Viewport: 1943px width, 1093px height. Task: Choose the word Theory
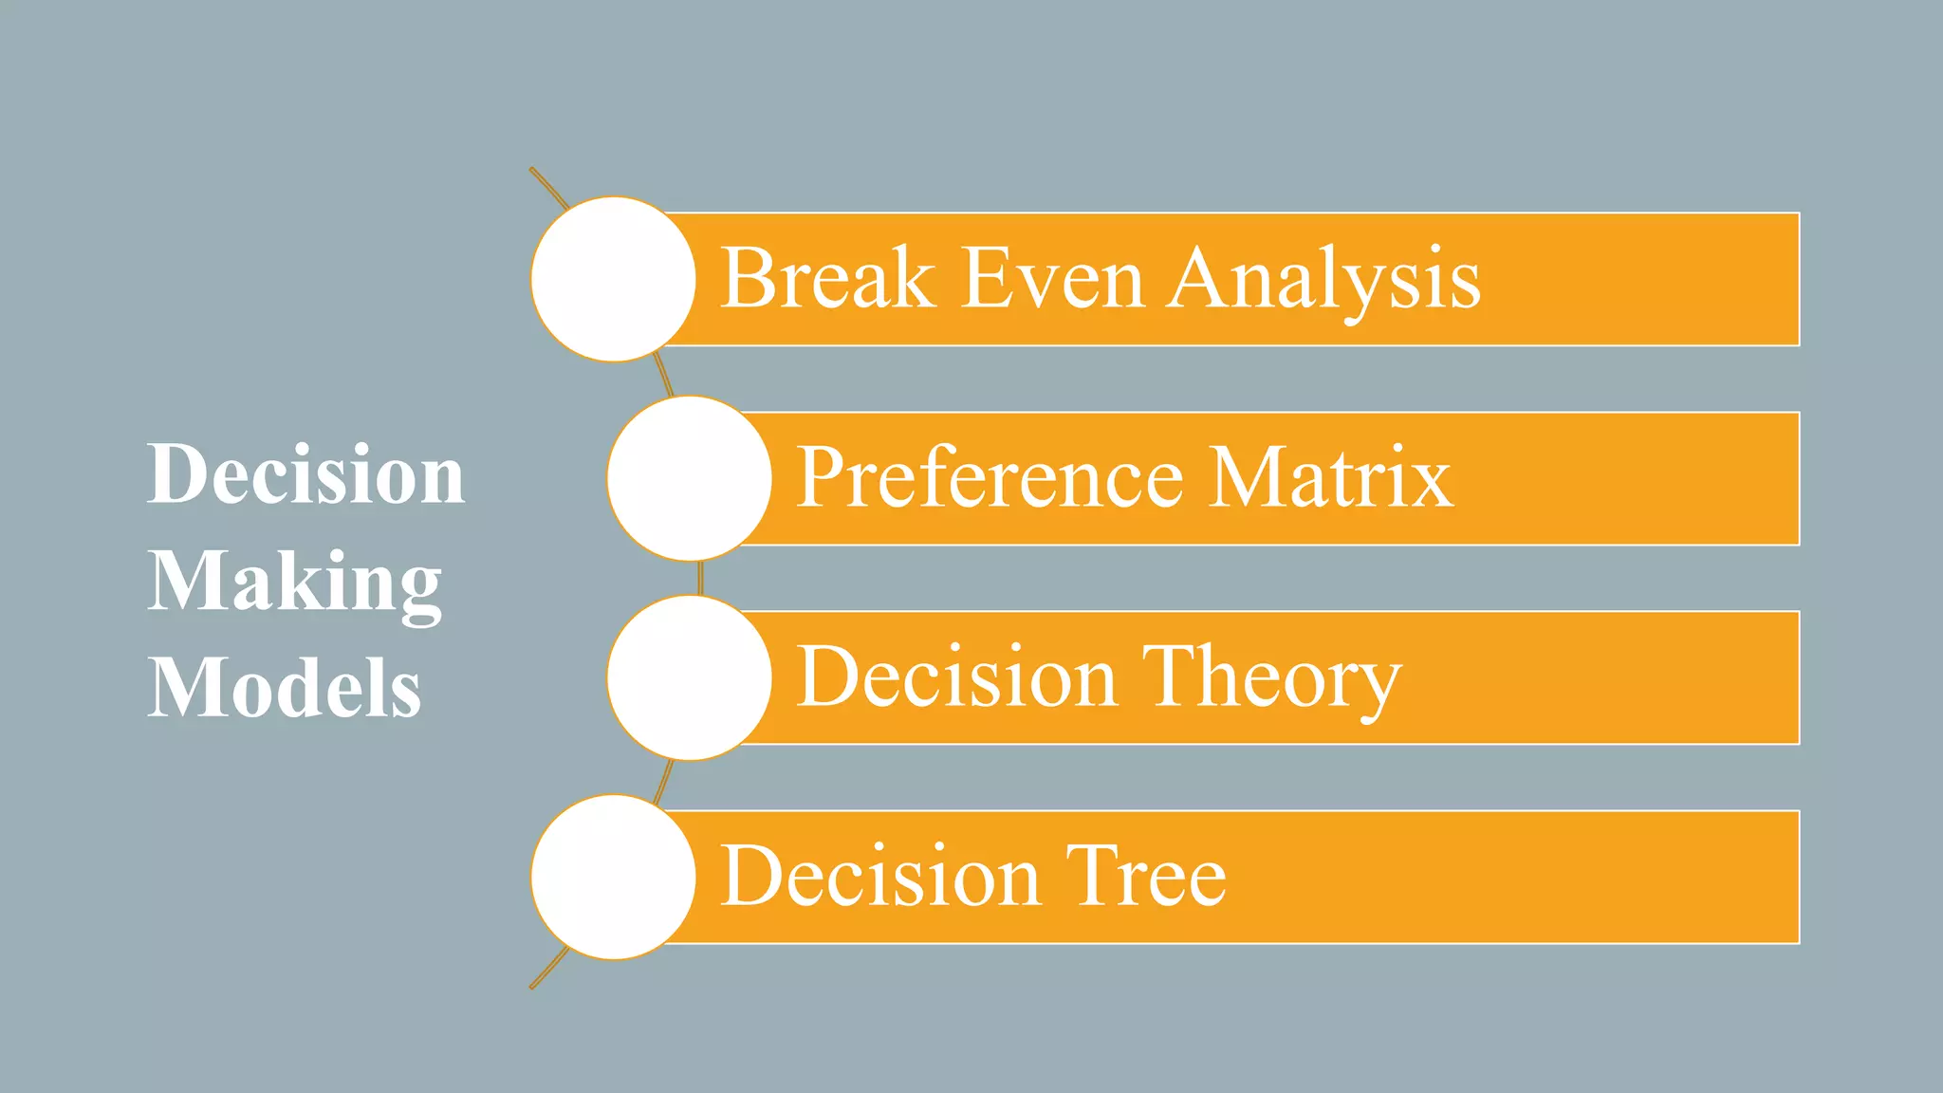[1270, 679]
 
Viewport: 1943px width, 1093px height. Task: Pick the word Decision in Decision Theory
[955, 677]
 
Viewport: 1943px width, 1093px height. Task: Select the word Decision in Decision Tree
[879, 877]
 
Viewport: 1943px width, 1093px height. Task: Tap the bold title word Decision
[305, 473]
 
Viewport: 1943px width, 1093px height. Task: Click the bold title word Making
[294, 583]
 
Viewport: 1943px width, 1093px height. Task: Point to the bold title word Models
[284, 688]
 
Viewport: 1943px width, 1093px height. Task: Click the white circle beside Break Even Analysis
[614, 279]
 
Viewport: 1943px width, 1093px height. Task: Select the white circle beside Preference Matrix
[690, 478]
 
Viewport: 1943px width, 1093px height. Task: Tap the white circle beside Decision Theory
[690, 677]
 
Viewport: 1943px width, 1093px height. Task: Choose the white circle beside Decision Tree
[614, 877]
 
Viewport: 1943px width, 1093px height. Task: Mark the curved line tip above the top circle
[533, 171]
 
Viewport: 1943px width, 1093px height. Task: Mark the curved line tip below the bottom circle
[533, 986]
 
